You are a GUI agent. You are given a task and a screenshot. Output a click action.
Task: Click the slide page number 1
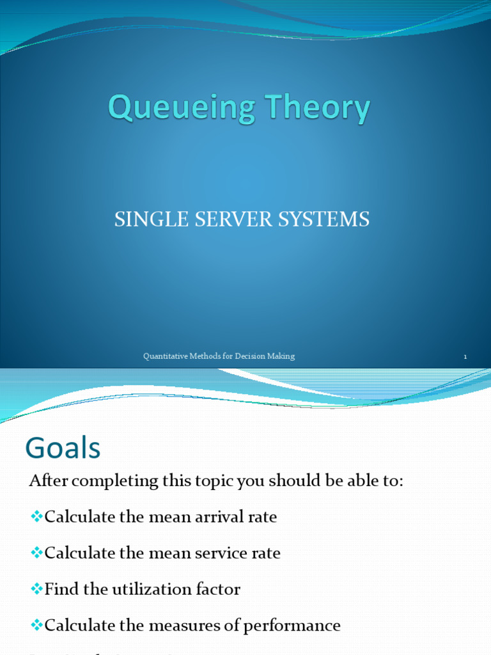[x=465, y=357]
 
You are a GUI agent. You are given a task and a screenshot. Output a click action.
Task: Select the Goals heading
[x=63, y=448]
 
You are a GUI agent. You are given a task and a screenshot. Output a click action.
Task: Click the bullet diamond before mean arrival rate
[x=36, y=516]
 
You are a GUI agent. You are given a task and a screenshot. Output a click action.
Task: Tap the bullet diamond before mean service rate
[x=36, y=553]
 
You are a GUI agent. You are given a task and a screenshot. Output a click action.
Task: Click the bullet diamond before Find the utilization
[x=36, y=588]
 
